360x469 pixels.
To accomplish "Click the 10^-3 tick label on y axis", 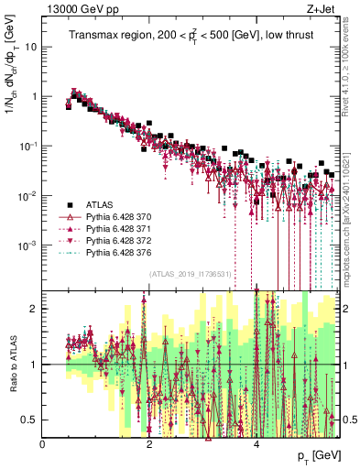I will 27,245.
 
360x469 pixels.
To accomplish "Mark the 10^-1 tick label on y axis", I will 27,146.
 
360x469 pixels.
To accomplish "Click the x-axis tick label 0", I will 43,444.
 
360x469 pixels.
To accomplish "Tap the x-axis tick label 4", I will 256,444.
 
